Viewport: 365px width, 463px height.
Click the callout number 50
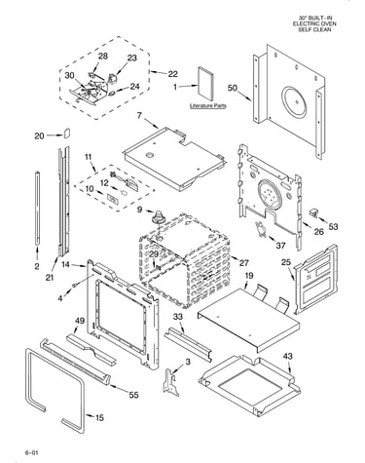click(x=233, y=88)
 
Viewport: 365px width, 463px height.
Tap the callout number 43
click(x=287, y=356)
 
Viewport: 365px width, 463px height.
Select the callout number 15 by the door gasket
click(x=99, y=417)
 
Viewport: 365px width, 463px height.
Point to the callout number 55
click(x=133, y=395)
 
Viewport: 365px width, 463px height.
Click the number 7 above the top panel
click(x=139, y=116)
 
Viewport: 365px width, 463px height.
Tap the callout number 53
click(x=333, y=226)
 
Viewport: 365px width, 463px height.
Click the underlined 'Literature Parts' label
click(x=208, y=106)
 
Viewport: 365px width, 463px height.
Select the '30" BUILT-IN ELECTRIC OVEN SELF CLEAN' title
click(x=314, y=23)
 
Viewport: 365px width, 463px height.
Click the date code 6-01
click(x=31, y=452)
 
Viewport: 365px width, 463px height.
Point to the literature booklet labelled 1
click(x=205, y=84)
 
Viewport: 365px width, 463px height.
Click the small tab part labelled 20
click(x=67, y=133)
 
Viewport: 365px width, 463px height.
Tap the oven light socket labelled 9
click(x=159, y=216)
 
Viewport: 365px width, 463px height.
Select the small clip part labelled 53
click(x=313, y=212)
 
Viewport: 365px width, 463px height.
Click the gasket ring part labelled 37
click(x=260, y=228)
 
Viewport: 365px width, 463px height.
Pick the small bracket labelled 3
click(x=171, y=382)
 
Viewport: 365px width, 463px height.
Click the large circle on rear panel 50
click(x=294, y=101)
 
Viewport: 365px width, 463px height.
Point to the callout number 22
click(x=172, y=74)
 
